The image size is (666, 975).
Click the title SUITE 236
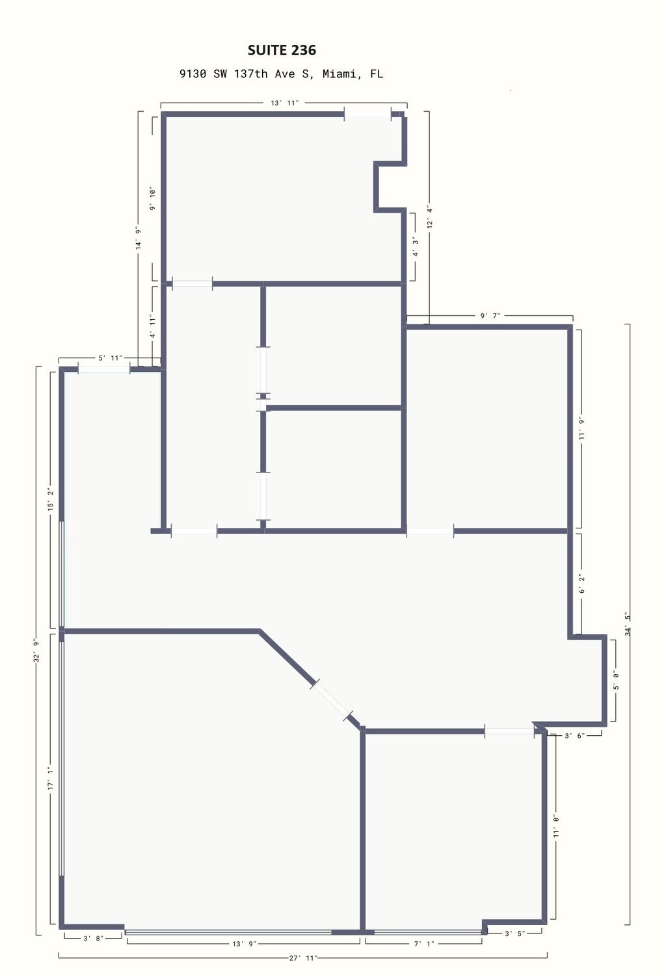point(282,50)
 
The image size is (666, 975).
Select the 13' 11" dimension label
point(285,103)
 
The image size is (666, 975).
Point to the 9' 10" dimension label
point(152,200)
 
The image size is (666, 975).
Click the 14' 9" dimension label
point(139,238)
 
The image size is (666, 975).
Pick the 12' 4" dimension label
point(430,217)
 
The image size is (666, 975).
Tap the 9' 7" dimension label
point(490,315)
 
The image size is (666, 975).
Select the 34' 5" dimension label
point(628,624)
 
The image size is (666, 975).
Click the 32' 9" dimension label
point(36,651)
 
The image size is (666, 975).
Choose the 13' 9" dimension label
point(244,944)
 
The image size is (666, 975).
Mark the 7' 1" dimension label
point(424,944)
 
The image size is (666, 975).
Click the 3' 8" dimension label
point(93,939)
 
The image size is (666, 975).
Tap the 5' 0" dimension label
point(616,681)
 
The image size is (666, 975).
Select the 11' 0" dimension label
point(556,826)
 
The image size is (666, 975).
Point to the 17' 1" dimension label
point(51,779)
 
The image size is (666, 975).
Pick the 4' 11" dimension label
point(152,326)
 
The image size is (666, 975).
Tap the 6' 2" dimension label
point(581,584)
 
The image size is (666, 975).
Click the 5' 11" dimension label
point(110,357)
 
